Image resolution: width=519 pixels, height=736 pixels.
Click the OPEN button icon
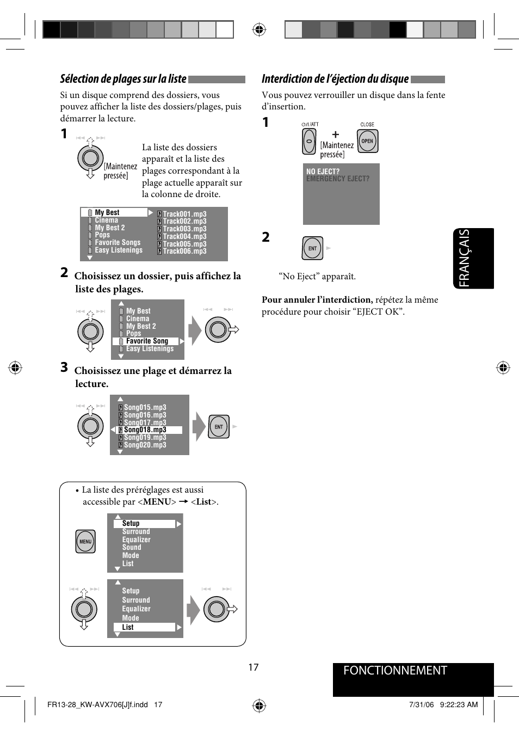tap(367, 141)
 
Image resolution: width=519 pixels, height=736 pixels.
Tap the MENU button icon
tap(85, 542)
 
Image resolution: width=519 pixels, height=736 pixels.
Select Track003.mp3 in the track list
tap(184, 229)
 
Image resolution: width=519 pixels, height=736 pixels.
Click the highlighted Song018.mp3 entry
tap(145, 430)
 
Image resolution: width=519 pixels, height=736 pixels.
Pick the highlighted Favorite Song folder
tap(147, 341)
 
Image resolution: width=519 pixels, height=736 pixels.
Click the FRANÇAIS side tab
tap(473, 258)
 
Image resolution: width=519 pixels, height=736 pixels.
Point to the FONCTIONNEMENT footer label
tap(395, 671)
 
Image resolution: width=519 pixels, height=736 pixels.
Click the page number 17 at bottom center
tap(254, 667)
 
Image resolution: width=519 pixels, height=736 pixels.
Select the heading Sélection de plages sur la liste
tap(123, 79)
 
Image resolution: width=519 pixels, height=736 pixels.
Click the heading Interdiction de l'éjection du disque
tap(335, 79)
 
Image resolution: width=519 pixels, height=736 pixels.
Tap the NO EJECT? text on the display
tap(323, 171)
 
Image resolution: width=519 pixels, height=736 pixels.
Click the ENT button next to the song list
tap(219, 427)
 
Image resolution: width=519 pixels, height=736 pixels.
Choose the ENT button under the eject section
tap(312, 248)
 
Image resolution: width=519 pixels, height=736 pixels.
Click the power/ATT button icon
tap(309, 142)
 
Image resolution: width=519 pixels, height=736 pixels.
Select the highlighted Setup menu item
tap(131, 524)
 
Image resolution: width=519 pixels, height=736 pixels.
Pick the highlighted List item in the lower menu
tap(128, 627)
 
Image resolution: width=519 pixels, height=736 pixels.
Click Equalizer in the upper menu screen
tap(136, 539)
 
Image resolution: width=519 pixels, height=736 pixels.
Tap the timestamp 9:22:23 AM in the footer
tap(459, 704)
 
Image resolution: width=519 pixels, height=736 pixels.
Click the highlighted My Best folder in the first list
tap(107, 213)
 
